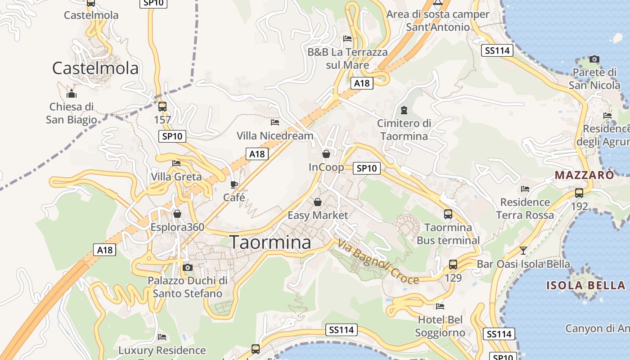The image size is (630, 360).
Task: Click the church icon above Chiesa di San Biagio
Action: pyautogui.click(x=71, y=94)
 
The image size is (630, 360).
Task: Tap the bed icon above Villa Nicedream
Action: pyautogui.click(x=274, y=122)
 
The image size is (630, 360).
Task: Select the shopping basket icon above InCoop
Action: pyautogui.click(x=326, y=154)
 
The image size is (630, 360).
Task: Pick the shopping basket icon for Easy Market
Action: pyautogui.click(x=318, y=202)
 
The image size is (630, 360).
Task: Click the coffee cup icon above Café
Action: pyautogui.click(x=234, y=184)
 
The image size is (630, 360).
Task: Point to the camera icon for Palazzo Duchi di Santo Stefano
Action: pyautogui.click(x=188, y=268)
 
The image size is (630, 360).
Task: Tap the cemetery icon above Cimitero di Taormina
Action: pyautogui.click(x=404, y=110)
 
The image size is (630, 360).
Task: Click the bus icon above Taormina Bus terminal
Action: pyautogui.click(x=448, y=214)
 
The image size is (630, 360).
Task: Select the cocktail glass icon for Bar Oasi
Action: pyautogui.click(x=523, y=251)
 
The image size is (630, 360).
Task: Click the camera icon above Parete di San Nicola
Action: pyautogui.click(x=594, y=59)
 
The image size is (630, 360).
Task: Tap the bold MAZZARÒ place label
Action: pyautogui.click(x=584, y=175)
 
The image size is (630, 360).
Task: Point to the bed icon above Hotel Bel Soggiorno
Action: pyautogui.click(x=440, y=306)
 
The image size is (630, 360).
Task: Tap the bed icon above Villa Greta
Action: pyautogui.click(x=176, y=163)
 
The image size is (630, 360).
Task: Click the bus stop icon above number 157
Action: pyautogui.click(x=162, y=107)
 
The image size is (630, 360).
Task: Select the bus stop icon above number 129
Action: pyautogui.click(x=453, y=265)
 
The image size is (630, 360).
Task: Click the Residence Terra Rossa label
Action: pyautogui.click(x=525, y=208)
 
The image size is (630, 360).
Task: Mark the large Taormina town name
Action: pyautogui.click(x=270, y=242)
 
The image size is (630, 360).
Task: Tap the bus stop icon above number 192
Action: pyautogui.click(x=579, y=193)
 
